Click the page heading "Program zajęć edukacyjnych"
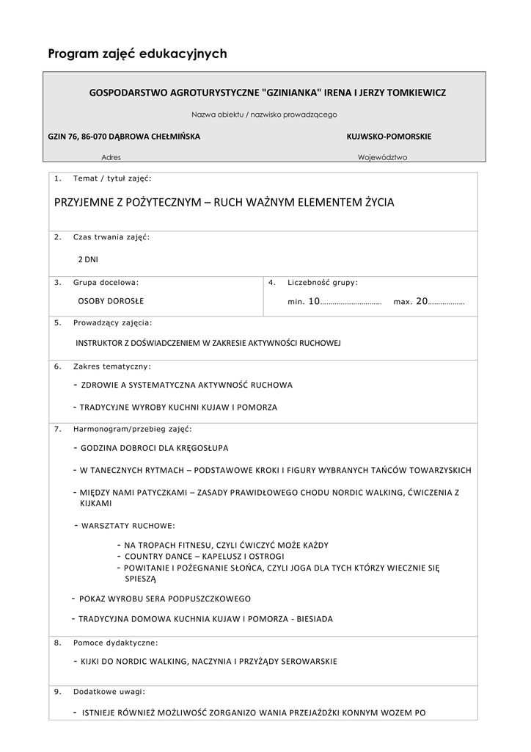click(x=137, y=54)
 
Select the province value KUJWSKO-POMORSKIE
click(x=389, y=137)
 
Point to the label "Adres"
click(x=111, y=157)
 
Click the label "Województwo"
click(x=382, y=157)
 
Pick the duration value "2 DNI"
click(x=88, y=259)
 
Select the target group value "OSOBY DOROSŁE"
click(x=111, y=301)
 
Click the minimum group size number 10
click(x=314, y=301)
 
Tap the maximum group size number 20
click(x=421, y=301)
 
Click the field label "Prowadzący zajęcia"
click(x=112, y=322)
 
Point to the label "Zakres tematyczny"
click(x=111, y=365)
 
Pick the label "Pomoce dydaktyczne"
click(x=115, y=642)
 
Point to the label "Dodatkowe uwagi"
click(x=109, y=691)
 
